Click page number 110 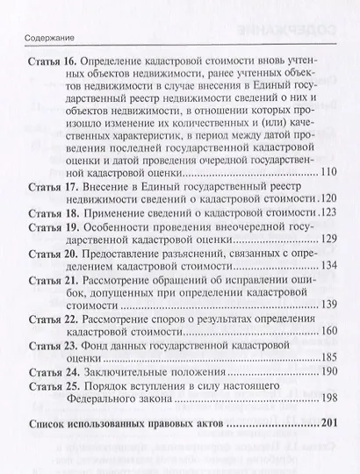(325, 172)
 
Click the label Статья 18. (56, 214)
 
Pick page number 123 (326, 214)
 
